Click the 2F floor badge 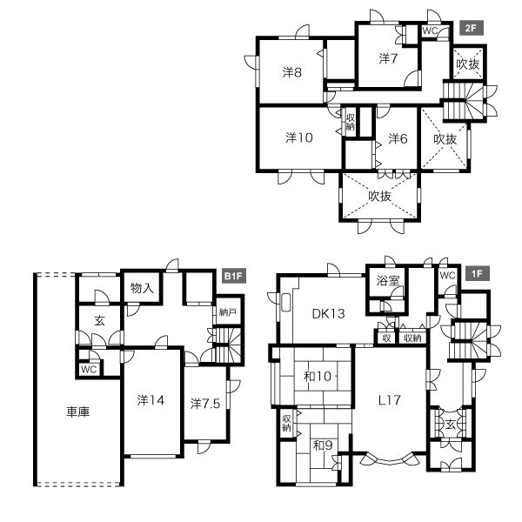[x=471, y=28]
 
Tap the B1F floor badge [x=234, y=276]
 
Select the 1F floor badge [x=478, y=273]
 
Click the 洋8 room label [x=292, y=72]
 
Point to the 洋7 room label [x=388, y=58]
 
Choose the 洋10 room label [x=299, y=137]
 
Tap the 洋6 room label [x=398, y=138]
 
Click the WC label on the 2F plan [x=430, y=31]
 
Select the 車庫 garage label [x=78, y=412]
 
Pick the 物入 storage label [x=142, y=288]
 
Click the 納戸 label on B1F [x=228, y=312]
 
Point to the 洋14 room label [x=151, y=400]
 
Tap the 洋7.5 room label [x=205, y=404]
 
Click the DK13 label [x=328, y=313]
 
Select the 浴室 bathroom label [x=388, y=281]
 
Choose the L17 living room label [x=390, y=400]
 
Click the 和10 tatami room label [x=318, y=376]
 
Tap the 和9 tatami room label [x=323, y=445]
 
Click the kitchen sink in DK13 [x=285, y=303]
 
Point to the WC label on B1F [x=89, y=369]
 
